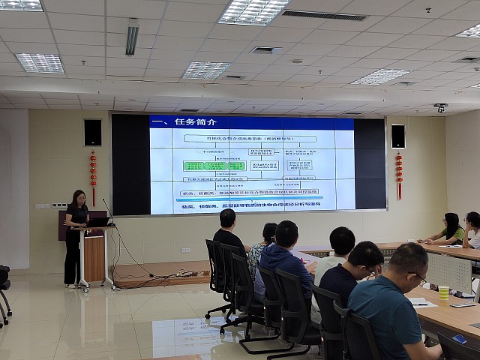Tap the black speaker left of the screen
(92, 132)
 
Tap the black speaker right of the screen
(397, 136)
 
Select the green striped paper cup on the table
(443, 292)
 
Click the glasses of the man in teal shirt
(419, 277)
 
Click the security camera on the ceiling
(440, 107)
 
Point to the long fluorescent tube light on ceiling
(132, 37)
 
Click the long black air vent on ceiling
(324, 15)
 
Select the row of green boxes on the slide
(214, 166)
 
